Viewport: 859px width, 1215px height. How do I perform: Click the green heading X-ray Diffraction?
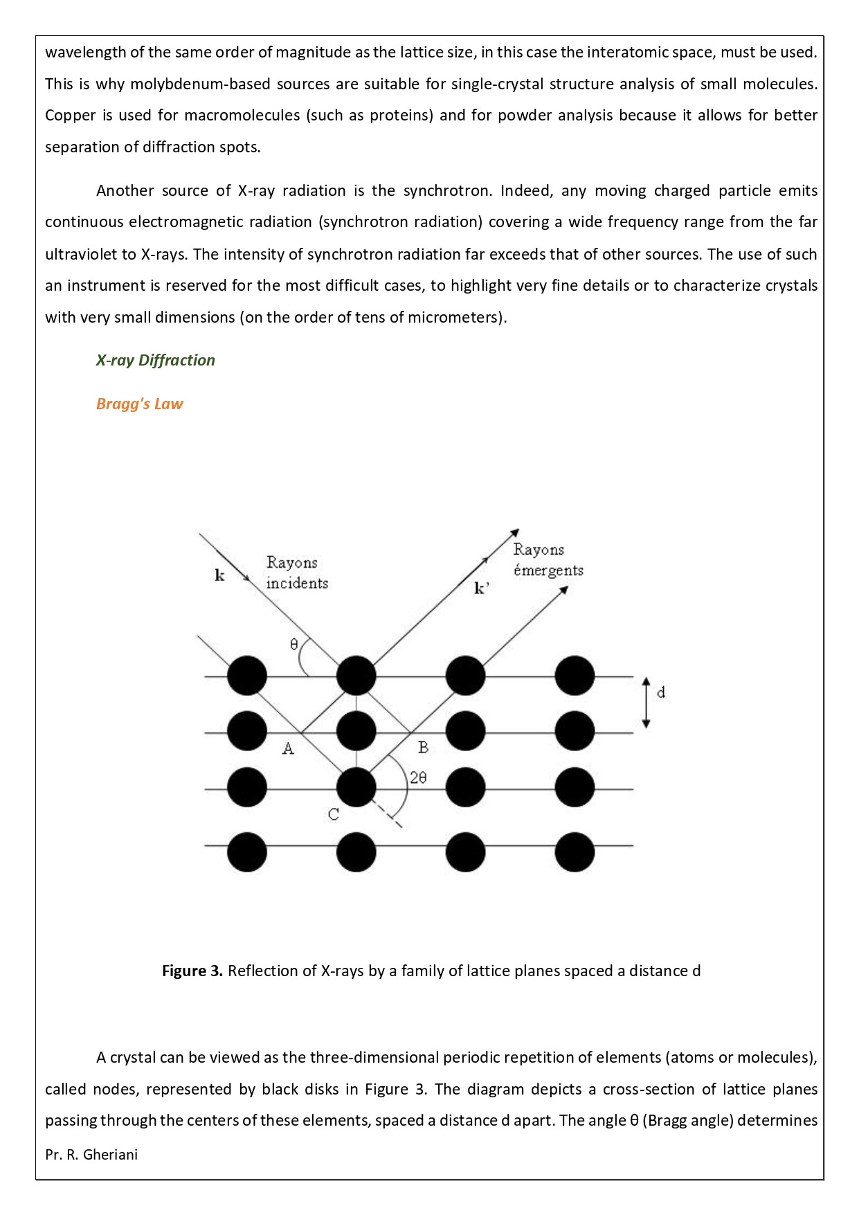(x=156, y=360)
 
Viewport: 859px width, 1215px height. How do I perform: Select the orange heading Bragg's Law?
(x=139, y=404)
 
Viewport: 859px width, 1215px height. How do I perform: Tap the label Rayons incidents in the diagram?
(x=296, y=573)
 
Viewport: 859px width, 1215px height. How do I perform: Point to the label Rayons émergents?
(x=548, y=559)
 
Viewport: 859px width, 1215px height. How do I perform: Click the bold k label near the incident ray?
(x=219, y=575)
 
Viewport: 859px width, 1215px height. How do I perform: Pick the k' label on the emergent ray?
(x=481, y=588)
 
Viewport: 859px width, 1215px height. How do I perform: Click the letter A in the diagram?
(x=288, y=748)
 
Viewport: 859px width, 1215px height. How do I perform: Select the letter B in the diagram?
(x=423, y=748)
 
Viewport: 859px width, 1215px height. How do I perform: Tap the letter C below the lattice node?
(x=334, y=814)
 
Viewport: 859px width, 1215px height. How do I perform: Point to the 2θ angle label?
(x=418, y=777)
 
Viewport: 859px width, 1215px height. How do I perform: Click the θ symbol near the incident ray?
(x=293, y=645)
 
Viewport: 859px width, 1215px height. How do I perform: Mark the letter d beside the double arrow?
(x=661, y=692)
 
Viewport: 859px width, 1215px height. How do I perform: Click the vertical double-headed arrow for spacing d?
(x=646, y=702)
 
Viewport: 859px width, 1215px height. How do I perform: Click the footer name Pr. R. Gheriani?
(x=91, y=1154)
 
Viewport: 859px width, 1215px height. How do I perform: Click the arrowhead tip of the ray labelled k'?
(x=518, y=530)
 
